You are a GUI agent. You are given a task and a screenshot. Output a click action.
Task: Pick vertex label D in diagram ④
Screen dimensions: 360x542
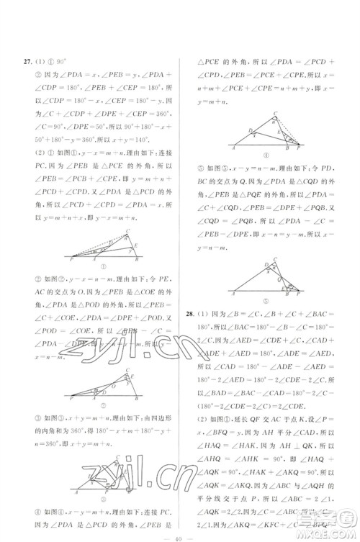[250, 130]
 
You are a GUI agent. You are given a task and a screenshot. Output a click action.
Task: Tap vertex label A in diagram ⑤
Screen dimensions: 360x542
[233, 295]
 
